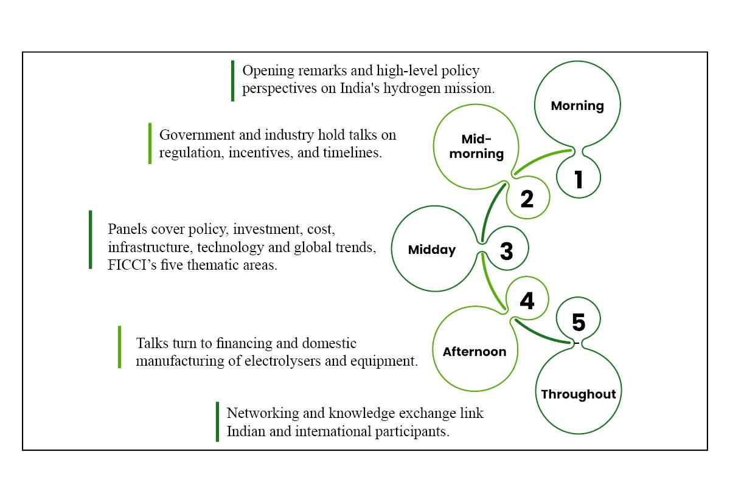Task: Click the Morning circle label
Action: click(577, 106)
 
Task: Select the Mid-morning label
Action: click(476, 146)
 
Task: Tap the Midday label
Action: click(432, 250)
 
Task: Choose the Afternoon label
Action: click(474, 352)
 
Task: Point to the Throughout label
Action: click(579, 394)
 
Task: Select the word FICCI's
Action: click(133, 265)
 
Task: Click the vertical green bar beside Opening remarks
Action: click(232, 81)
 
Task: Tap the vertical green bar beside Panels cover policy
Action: click(91, 239)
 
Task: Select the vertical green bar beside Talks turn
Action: click(120, 347)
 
